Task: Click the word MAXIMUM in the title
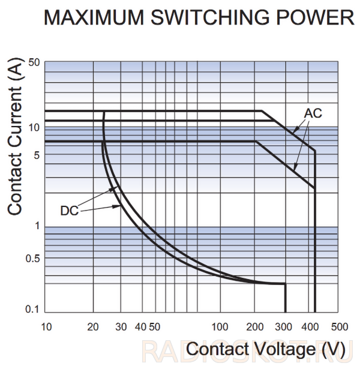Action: (x=94, y=17)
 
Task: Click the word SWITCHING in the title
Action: (x=210, y=17)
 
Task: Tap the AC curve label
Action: (x=313, y=113)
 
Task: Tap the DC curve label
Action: (x=70, y=211)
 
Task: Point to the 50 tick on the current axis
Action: (x=34, y=62)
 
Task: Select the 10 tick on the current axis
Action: (x=34, y=128)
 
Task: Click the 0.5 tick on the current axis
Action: (x=33, y=259)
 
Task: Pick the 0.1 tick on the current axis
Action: (x=32, y=309)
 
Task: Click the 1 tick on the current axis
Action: (x=37, y=226)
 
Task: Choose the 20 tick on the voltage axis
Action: (x=93, y=327)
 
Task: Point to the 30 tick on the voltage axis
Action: (x=121, y=327)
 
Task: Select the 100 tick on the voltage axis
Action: (x=220, y=327)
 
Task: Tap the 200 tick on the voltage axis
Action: (x=255, y=327)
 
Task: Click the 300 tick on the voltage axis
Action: (x=284, y=327)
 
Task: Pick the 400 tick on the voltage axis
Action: (x=310, y=327)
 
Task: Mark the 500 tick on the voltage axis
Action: (x=340, y=327)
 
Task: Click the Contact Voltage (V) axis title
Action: (x=266, y=350)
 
